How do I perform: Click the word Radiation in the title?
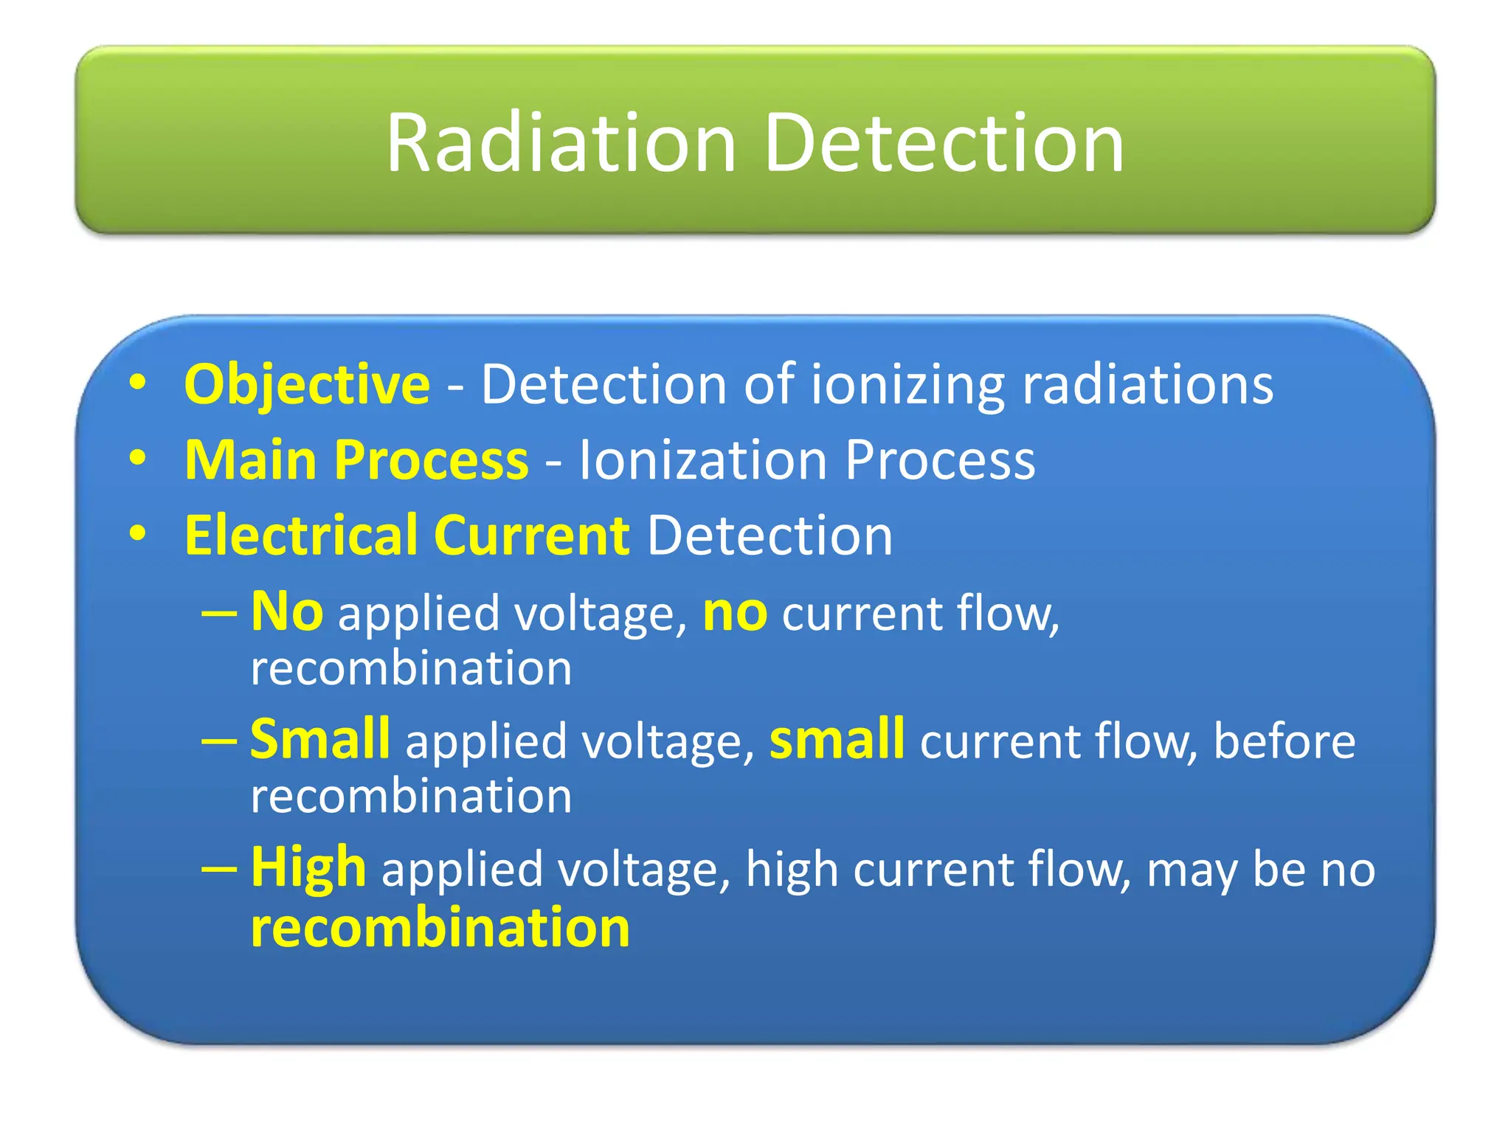coord(561,144)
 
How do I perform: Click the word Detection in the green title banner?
coord(944,144)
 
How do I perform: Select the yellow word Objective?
coord(307,385)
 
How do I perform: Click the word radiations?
coord(1147,385)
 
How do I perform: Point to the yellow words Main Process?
coord(356,460)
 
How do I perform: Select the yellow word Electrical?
coord(301,536)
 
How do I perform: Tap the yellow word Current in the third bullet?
coord(531,536)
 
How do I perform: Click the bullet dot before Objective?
coord(137,383)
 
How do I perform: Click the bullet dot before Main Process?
coord(137,458)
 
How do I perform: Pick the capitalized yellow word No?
coord(286,612)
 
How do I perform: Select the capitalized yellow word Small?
coord(319,739)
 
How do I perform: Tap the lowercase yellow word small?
coord(836,739)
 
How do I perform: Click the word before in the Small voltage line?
coord(1284,741)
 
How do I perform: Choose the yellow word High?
coord(308,868)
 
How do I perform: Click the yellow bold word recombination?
coord(440,927)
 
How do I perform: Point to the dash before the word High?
coord(219,869)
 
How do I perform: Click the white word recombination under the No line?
coord(411,668)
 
